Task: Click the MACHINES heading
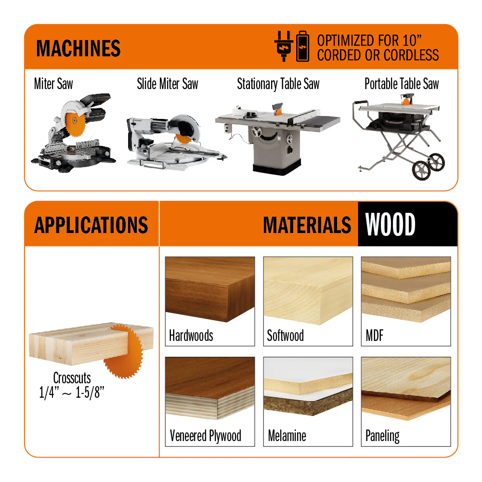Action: [x=78, y=48]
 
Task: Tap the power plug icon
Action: [x=284, y=46]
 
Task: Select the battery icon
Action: [x=302, y=46]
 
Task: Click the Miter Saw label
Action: [x=53, y=84]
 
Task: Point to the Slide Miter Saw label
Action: [x=168, y=84]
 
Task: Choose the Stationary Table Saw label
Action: [x=278, y=84]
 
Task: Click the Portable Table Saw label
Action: [x=402, y=84]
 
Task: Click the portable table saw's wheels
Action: [x=428, y=167]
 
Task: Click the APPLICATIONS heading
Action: [x=91, y=225]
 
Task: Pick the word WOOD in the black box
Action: [x=390, y=224]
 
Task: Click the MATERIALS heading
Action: [x=307, y=225]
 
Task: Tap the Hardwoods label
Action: [x=191, y=335]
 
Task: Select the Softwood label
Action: [x=285, y=335]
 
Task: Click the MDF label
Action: [x=375, y=335]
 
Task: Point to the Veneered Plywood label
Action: [x=205, y=436]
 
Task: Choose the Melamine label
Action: [x=287, y=436]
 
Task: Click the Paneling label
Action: [x=382, y=436]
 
